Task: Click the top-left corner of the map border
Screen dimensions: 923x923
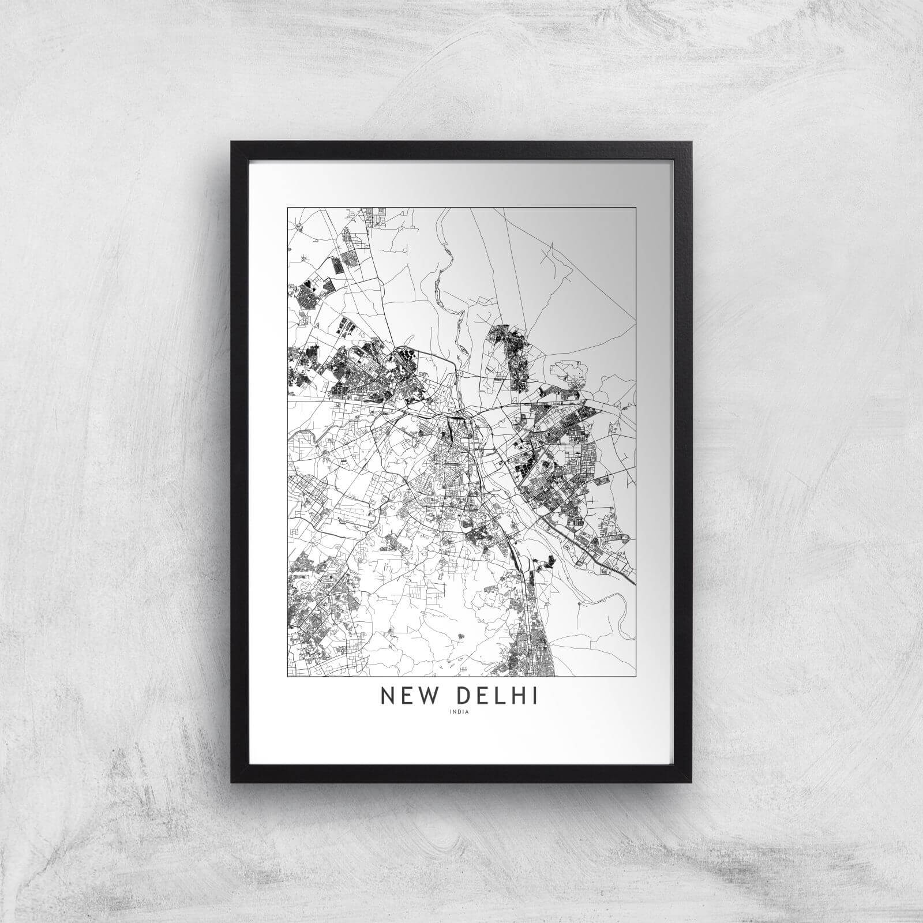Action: (287, 208)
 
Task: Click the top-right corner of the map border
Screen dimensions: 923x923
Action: (636, 208)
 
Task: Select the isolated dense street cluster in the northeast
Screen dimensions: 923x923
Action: (511, 352)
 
